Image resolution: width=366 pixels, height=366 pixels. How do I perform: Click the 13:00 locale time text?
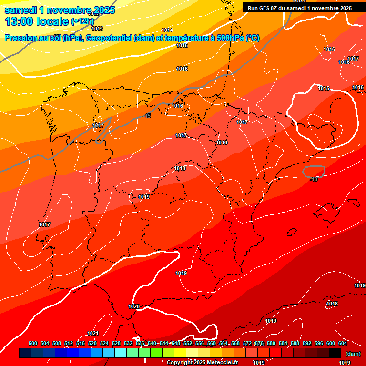(36, 21)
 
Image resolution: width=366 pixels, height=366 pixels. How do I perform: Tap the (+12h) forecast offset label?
(82, 21)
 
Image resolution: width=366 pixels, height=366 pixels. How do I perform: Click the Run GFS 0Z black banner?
(299, 8)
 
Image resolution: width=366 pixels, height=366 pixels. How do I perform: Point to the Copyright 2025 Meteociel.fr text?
(202, 362)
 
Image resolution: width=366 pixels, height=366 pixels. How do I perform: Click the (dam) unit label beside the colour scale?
(353, 353)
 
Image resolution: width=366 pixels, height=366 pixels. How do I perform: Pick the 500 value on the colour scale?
(33, 343)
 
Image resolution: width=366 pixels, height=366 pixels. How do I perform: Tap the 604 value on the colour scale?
(342, 343)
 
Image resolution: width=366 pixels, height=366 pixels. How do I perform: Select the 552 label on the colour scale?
(188, 343)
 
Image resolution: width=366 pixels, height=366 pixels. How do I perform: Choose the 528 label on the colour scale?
(116, 343)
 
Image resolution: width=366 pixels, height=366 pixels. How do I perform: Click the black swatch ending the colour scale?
(335, 353)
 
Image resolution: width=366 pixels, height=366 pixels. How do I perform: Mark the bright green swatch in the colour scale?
(156, 353)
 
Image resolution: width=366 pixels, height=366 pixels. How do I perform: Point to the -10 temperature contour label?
(313, 179)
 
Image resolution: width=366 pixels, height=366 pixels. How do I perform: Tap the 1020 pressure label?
(134, 306)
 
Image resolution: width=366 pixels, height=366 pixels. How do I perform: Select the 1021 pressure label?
(93, 333)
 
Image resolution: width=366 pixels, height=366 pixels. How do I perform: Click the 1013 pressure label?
(97, 29)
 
